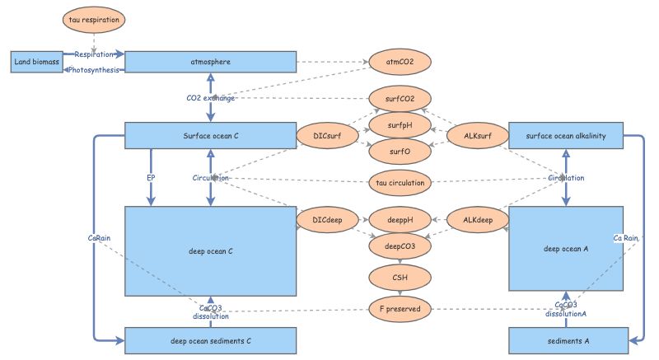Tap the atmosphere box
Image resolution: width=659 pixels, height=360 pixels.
pos(210,62)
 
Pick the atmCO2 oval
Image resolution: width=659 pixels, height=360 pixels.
pos(399,62)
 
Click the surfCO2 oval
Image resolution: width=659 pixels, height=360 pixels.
pos(399,99)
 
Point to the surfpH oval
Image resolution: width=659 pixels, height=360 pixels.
pos(399,125)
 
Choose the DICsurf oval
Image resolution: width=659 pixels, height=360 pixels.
pos(328,135)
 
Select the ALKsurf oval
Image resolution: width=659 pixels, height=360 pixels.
pos(475,135)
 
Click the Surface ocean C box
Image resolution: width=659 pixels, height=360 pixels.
pos(210,135)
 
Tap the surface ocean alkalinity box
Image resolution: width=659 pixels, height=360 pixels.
pos(565,135)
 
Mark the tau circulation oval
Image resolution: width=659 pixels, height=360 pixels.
pos(399,182)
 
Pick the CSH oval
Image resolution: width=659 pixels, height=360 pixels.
pos(399,276)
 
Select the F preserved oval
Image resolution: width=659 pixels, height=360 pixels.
pos(399,309)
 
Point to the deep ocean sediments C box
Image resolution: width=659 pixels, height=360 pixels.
pos(210,339)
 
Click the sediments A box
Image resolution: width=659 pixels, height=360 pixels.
pos(565,339)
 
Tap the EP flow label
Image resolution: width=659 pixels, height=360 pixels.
pos(151,177)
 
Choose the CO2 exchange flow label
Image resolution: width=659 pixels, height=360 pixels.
pos(211,98)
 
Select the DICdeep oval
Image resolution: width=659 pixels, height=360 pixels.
pos(328,219)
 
